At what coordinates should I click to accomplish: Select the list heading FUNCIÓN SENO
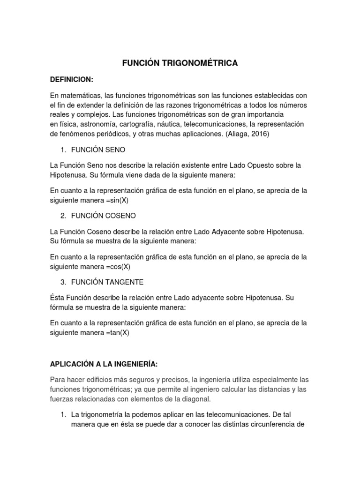pos(98,150)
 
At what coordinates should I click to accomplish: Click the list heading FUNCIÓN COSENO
pos(104,216)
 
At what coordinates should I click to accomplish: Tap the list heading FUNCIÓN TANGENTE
pos(107,282)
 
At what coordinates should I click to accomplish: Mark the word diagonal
pos(197,399)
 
